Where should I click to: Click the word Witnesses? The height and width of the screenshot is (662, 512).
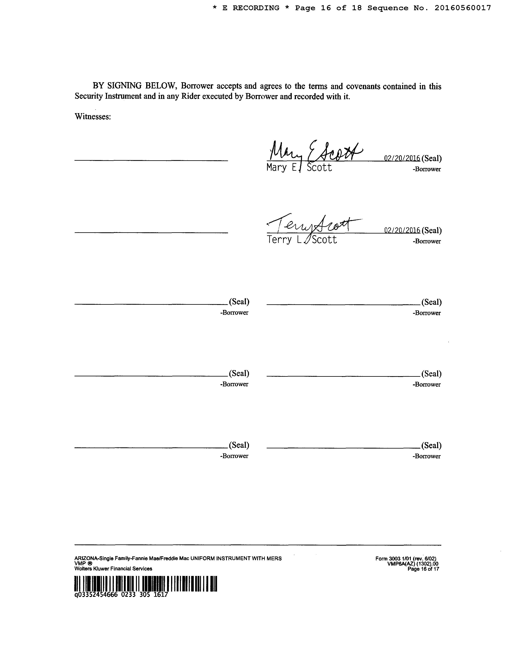[93, 117]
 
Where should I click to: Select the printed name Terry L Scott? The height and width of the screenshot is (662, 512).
[302, 240]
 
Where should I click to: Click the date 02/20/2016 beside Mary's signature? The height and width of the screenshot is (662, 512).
[402, 158]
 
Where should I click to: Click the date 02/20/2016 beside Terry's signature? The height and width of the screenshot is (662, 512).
[402, 230]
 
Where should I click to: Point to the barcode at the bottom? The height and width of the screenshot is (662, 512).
[146, 584]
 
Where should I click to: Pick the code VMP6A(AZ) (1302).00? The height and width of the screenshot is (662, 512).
[413, 564]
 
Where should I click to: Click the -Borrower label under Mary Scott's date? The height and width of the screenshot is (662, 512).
[426, 169]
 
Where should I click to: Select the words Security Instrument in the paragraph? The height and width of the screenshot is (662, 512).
[108, 96]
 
